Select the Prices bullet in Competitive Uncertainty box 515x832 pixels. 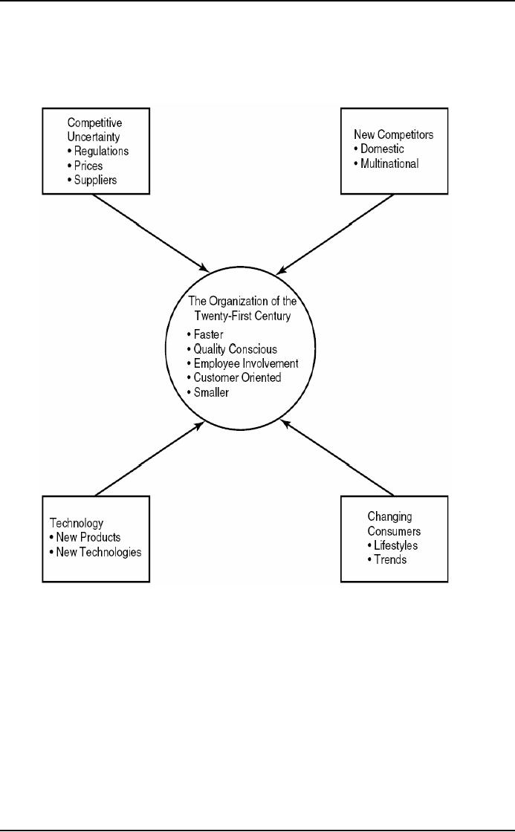pos(88,166)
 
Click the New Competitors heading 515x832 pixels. pos(392,136)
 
